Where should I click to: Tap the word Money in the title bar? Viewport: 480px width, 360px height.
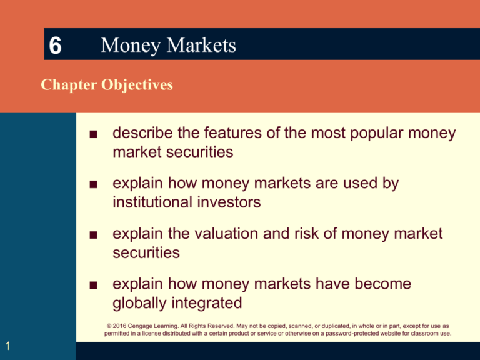(x=126, y=46)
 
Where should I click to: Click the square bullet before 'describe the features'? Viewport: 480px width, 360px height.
(x=92, y=136)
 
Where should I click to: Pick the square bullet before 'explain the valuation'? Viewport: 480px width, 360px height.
(x=92, y=236)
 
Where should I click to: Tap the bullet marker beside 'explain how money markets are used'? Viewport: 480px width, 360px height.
(x=92, y=186)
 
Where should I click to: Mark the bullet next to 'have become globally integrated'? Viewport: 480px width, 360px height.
(x=92, y=286)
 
